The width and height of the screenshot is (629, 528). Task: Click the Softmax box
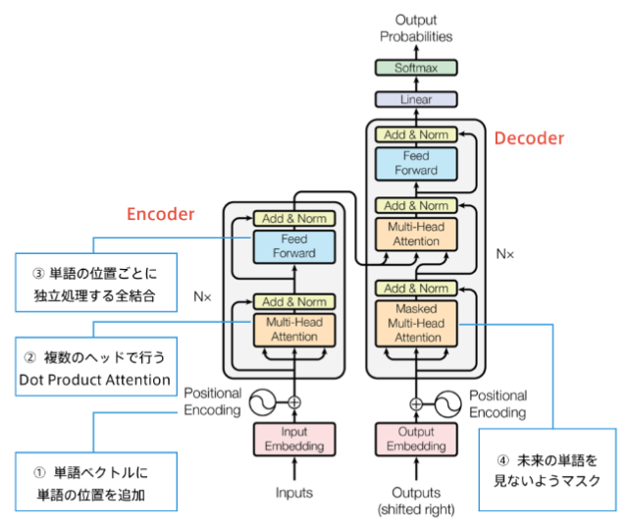pyautogui.click(x=416, y=69)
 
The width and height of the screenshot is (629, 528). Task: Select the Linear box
pyautogui.click(x=416, y=99)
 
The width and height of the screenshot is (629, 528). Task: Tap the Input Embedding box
pyautogui.click(x=294, y=439)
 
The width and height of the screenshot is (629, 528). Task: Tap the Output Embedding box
pyautogui.click(x=416, y=439)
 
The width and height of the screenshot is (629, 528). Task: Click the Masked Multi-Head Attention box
pyautogui.click(x=416, y=323)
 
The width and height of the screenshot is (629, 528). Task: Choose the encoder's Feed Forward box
pyautogui.click(x=294, y=246)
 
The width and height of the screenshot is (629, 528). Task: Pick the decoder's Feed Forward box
pyautogui.click(x=416, y=163)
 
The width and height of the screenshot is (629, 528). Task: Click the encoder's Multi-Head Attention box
pyautogui.click(x=294, y=330)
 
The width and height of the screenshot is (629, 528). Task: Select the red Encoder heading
pyautogui.click(x=160, y=214)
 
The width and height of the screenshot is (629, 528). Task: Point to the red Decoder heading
pyautogui.click(x=529, y=138)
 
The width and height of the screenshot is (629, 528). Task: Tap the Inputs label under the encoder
pyautogui.click(x=294, y=493)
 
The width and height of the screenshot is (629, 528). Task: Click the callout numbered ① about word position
pyautogui.click(x=96, y=482)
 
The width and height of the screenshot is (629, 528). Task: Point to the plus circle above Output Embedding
pyautogui.click(x=416, y=402)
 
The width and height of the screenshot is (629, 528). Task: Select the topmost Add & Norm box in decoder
pyautogui.click(x=416, y=134)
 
